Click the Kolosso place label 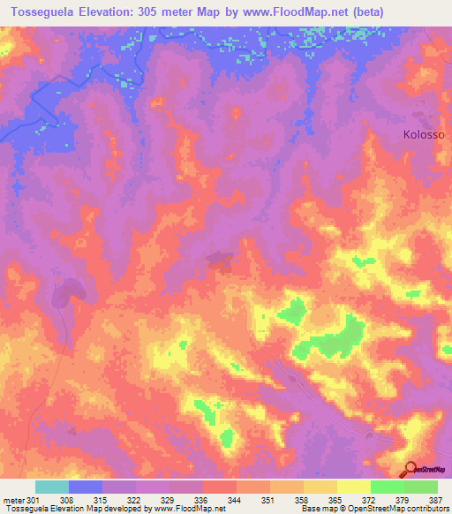coord(425,135)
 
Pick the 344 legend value coord(211,499)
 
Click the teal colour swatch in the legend coord(52,487)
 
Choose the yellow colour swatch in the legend coord(353,487)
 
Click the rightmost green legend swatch coord(421,487)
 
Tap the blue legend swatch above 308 coord(86,487)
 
